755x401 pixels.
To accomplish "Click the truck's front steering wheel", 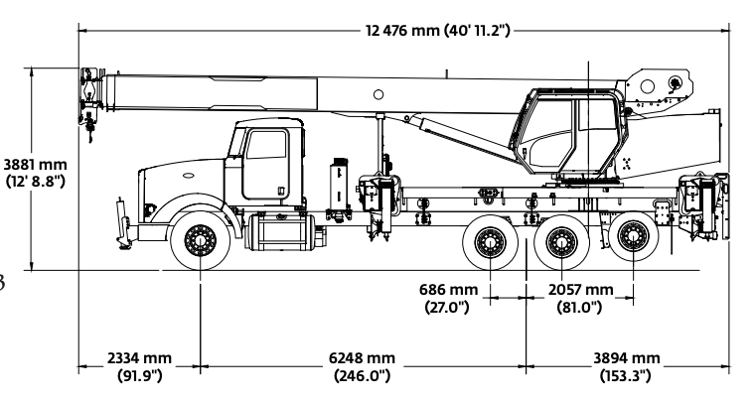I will (x=200, y=241).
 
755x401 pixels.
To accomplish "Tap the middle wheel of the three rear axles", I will (x=561, y=241).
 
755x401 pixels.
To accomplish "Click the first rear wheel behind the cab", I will (x=489, y=241).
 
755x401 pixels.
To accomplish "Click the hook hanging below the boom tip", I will (x=91, y=123).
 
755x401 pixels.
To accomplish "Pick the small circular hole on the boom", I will (x=377, y=96).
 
